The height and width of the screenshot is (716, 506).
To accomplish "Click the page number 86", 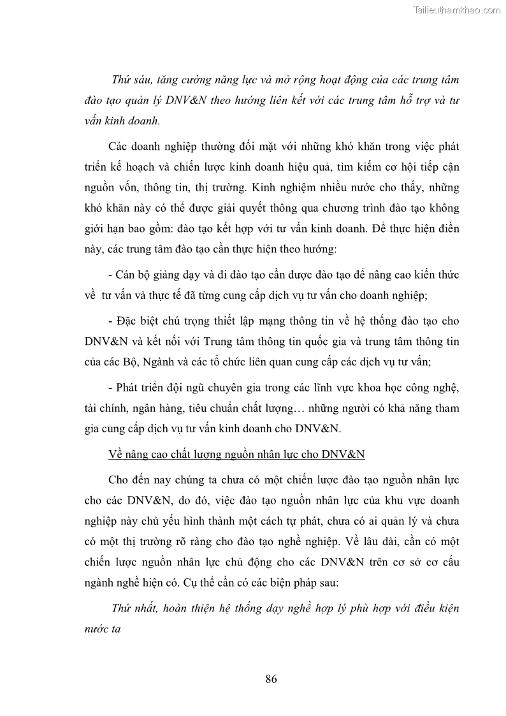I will pos(271,678).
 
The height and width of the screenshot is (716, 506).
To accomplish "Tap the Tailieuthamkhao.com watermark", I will pos(458,10).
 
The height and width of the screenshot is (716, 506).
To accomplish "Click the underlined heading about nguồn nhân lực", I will pos(236,454).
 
